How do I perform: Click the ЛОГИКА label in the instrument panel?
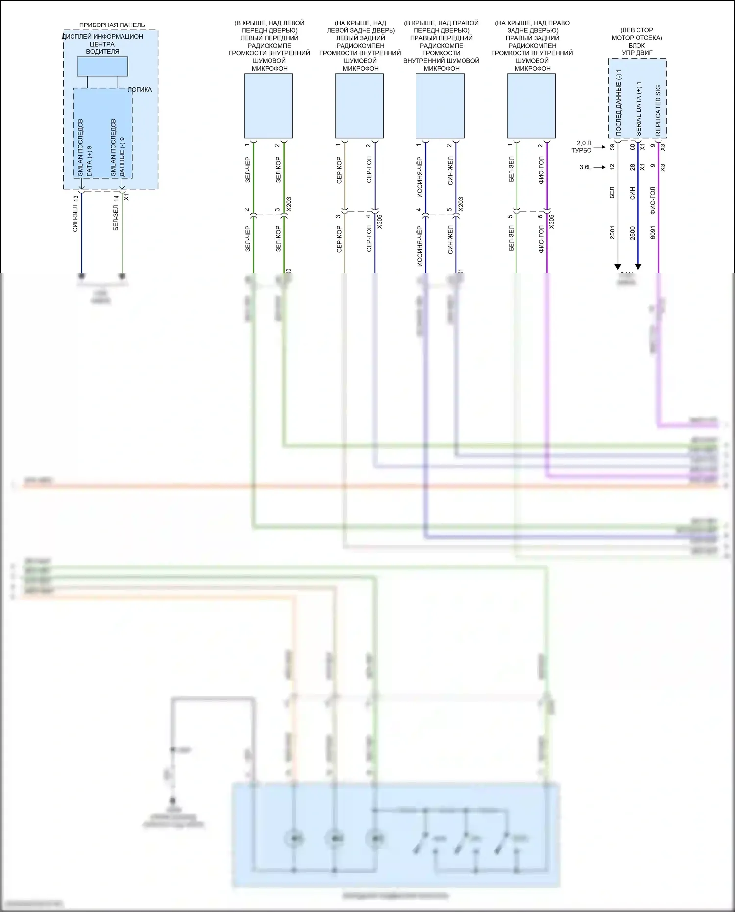click(140, 90)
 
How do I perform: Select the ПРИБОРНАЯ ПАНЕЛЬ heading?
click(112, 25)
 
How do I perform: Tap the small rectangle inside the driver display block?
click(102, 67)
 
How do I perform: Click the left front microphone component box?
click(268, 106)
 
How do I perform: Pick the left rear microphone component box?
click(359, 106)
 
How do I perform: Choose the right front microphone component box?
click(440, 106)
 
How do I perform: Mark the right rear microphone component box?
click(531, 106)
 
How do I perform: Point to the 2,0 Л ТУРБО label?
click(583, 147)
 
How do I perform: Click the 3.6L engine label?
click(585, 167)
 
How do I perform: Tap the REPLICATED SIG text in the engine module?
click(658, 111)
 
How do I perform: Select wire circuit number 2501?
click(612, 232)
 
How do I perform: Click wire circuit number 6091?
click(653, 232)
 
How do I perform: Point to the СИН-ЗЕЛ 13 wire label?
click(75, 213)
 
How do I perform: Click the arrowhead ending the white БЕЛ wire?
click(618, 267)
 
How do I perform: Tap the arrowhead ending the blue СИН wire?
click(638, 267)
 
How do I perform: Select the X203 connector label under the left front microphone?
click(289, 204)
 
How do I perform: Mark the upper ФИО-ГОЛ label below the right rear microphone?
click(541, 170)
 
